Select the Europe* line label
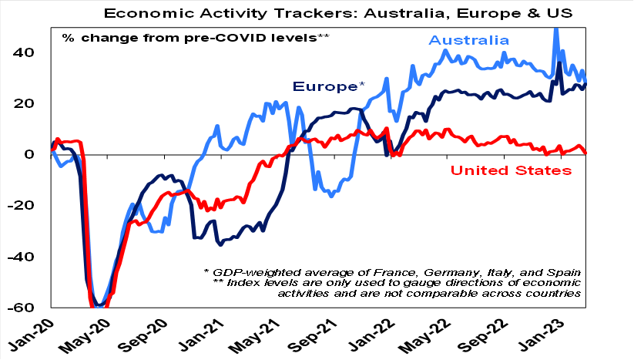(328, 86)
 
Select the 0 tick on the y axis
(33, 154)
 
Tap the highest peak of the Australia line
(555, 29)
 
